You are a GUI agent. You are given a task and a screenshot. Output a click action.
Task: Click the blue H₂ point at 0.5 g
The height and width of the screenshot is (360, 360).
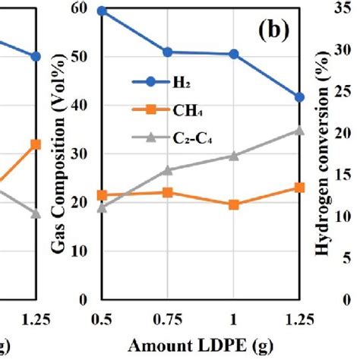pos(102,11)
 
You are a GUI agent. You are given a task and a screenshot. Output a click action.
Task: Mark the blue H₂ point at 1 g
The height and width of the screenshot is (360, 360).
pos(233,54)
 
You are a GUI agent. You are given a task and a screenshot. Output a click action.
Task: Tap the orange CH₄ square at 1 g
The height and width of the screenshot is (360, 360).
pos(233,205)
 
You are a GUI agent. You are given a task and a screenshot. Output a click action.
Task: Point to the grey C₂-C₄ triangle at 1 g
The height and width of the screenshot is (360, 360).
pos(233,156)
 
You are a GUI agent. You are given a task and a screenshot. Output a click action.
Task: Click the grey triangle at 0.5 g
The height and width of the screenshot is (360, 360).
pos(102,207)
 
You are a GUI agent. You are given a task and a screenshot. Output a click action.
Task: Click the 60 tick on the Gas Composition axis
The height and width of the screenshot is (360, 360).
pos(79,9)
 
